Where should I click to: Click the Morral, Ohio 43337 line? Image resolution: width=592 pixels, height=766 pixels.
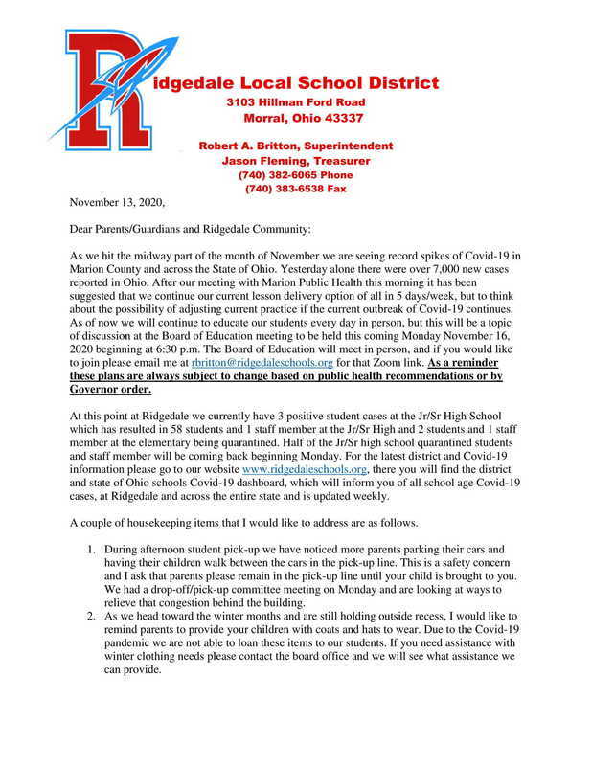pyautogui.click(x=303, y=120)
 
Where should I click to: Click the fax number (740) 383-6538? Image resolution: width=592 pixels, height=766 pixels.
pyautogui.click(x=284, y=190)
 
